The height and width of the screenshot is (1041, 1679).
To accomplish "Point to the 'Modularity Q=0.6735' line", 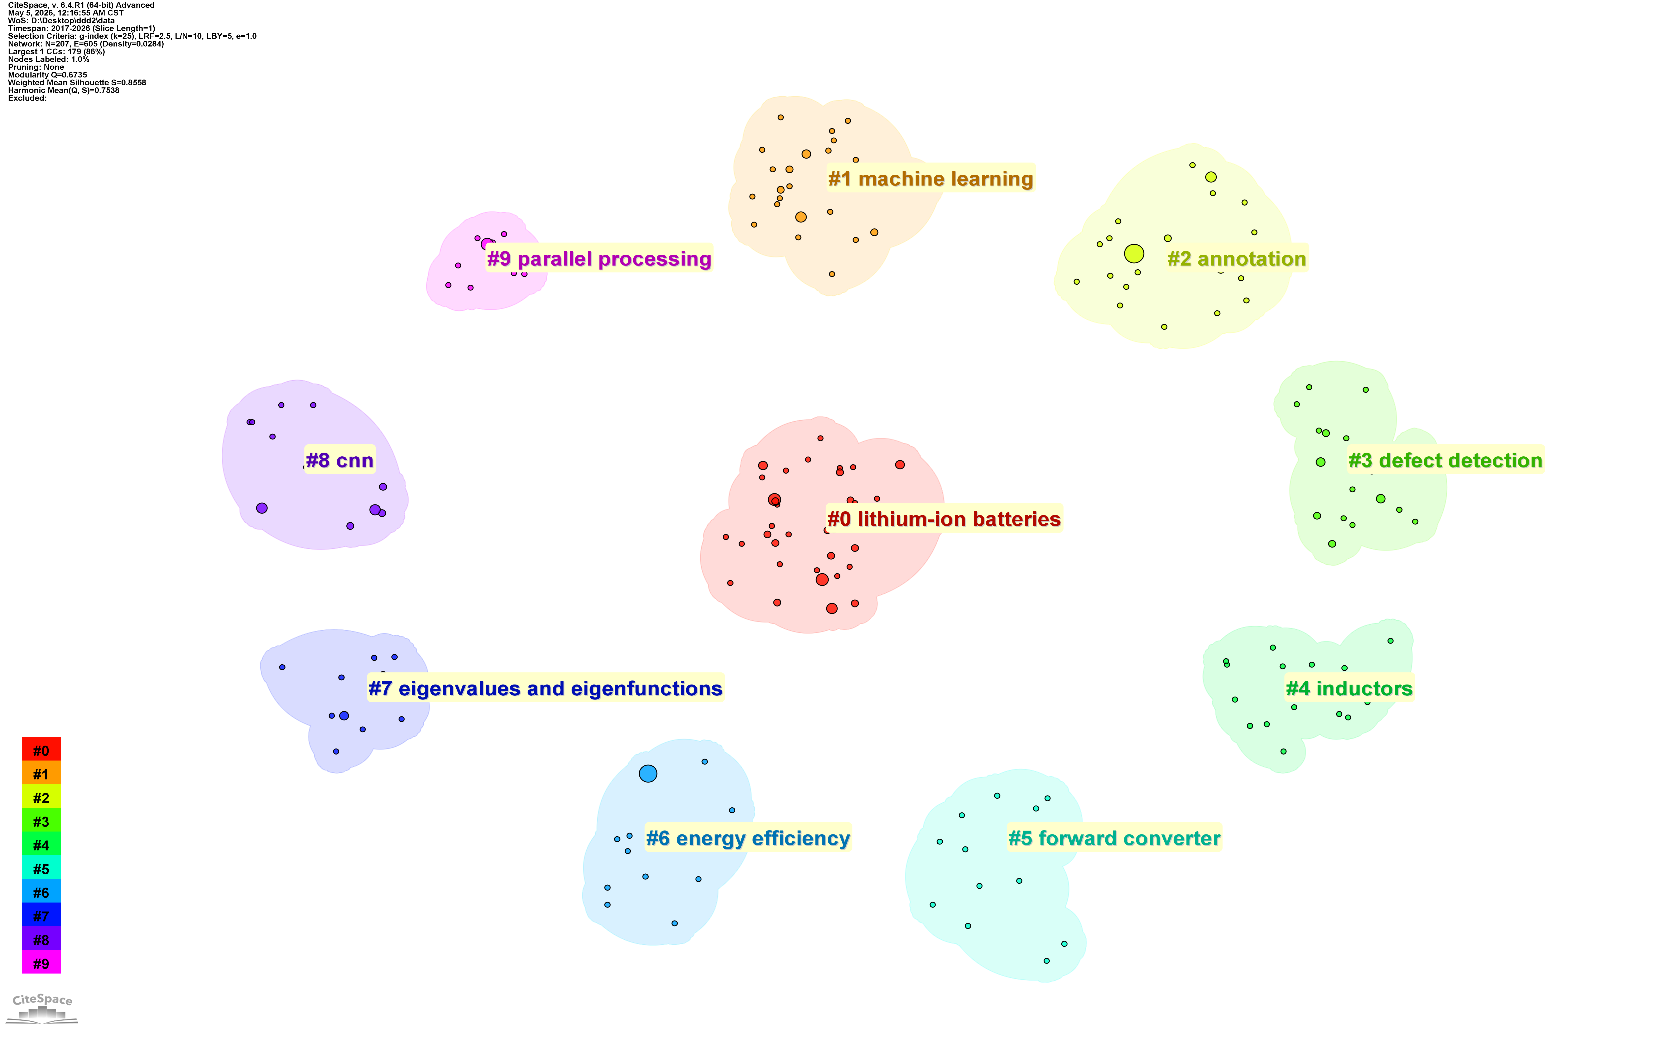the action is point(47,75).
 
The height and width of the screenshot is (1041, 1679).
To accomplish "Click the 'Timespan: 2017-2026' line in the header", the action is point(81,28).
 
